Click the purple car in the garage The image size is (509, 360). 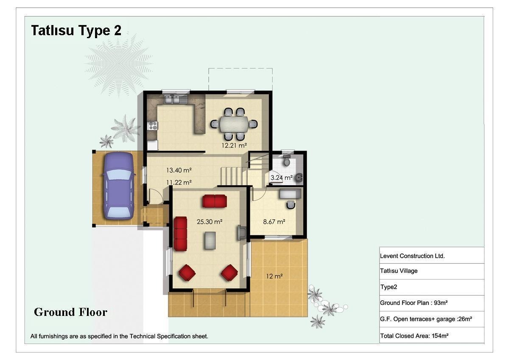pos(119,186)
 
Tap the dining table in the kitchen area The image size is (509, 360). pos(234,124)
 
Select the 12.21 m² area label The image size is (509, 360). pos(234,145)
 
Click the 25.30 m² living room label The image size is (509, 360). pos(210,221)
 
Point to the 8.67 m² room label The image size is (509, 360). pos(274,221)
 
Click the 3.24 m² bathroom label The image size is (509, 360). pos(281,177)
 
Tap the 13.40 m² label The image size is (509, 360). pos(179,170)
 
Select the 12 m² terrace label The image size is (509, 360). pos(274,276)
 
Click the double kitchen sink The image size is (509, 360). pos(173,99)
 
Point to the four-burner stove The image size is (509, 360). pos(153,126)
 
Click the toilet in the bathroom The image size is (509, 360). pos(287,160)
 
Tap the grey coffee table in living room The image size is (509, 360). pos(210,240)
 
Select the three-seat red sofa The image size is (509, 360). pos(180,234)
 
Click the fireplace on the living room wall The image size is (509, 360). pos(241,232)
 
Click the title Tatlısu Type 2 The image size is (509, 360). pos(76,30)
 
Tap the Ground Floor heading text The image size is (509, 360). pos(70,312)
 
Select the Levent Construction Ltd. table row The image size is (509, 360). pos(432,256)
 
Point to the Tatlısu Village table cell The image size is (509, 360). pos(432,271)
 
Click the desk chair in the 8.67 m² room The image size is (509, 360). pos(291,205)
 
